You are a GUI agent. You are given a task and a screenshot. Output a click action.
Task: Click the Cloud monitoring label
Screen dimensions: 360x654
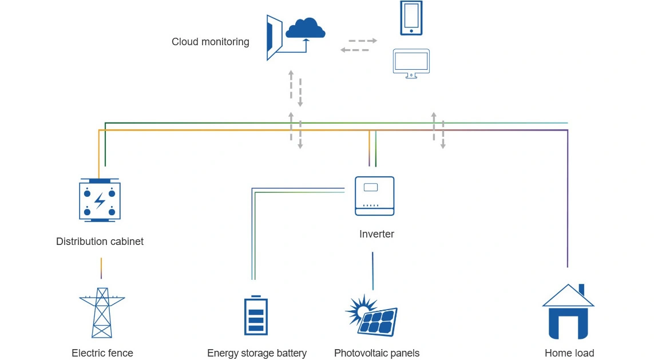coord(210,42)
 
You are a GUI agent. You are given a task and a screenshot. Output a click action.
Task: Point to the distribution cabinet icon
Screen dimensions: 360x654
coord(100,200)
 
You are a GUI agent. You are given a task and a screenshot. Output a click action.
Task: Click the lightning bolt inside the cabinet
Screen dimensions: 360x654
coord(100,200)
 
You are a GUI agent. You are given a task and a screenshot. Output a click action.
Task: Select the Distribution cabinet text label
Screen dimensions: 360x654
coord(100,242)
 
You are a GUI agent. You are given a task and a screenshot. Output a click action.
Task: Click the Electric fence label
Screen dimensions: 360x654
coord(102,353)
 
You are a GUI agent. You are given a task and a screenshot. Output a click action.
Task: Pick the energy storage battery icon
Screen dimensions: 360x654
coord(255,315)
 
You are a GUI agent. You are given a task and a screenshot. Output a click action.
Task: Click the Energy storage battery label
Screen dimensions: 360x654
coord(257,353)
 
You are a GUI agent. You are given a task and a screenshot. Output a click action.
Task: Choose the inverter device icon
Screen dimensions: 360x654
coord(375,196)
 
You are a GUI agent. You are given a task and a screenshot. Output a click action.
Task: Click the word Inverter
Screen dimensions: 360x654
coord(376,234)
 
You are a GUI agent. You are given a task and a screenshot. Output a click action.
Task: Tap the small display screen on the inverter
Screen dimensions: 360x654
coord(371,187)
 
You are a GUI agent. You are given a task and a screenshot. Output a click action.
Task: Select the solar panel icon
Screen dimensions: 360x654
coord(372,317)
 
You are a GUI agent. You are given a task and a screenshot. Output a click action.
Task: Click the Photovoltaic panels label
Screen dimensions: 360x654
coord(376,353)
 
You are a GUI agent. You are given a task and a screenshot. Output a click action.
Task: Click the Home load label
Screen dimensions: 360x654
coord(569,353)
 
